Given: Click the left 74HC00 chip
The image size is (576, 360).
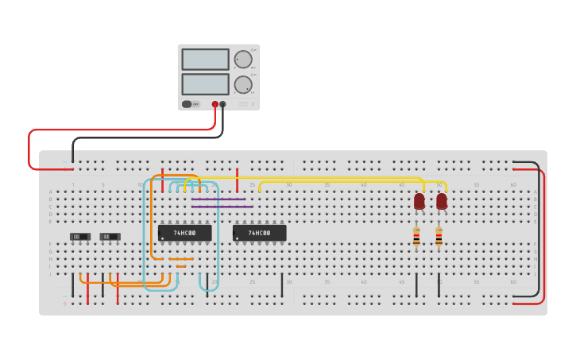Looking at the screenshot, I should point(184,233).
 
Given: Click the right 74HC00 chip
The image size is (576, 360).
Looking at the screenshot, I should point(259,233).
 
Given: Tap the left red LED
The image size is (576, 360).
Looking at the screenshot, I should point(419,201).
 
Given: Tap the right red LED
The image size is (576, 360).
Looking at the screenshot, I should point(441,201).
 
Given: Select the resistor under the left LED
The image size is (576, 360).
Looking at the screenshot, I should point(416,237).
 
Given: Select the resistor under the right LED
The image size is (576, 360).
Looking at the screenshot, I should point(439,237).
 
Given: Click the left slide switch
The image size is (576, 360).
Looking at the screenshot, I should point(80,236).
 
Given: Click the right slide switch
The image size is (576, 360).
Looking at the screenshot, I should point(110,236).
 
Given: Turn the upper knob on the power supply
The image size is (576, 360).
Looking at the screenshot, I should point(243,60).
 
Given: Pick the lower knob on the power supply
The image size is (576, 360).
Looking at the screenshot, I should point(243,84).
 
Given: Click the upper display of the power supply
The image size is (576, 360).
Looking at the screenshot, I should point(205,60).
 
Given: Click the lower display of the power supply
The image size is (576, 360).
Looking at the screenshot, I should point(205,84).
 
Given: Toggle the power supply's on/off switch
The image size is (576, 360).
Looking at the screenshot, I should point(187,104).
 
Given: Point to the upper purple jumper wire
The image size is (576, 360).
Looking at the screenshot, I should point(218,199).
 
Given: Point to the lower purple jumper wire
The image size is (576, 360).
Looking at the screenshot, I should point(222,207).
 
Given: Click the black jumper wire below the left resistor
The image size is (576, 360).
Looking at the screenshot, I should point(416,285).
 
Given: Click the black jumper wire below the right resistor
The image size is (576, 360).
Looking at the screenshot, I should point(439,285).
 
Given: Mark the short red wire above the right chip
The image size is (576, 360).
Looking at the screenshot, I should point(237,180).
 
